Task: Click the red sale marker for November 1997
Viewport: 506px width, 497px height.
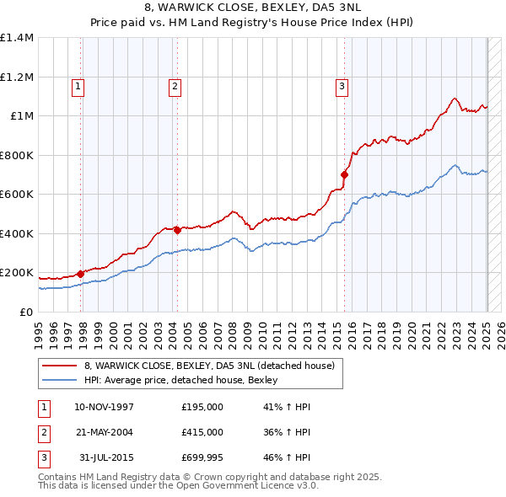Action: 81,273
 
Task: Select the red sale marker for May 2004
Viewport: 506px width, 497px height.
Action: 177,230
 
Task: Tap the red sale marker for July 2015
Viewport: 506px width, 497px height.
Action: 344,174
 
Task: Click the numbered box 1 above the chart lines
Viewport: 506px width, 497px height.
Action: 78,85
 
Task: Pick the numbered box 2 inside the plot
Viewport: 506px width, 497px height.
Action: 175,85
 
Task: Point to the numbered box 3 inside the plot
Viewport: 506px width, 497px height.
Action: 342,85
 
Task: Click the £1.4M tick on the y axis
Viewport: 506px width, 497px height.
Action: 17,38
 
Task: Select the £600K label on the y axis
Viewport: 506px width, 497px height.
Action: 17,195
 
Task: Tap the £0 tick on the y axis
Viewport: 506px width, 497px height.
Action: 25,313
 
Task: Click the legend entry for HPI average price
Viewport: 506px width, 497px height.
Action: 186,381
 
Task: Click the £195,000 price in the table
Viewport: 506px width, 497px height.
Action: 202,408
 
